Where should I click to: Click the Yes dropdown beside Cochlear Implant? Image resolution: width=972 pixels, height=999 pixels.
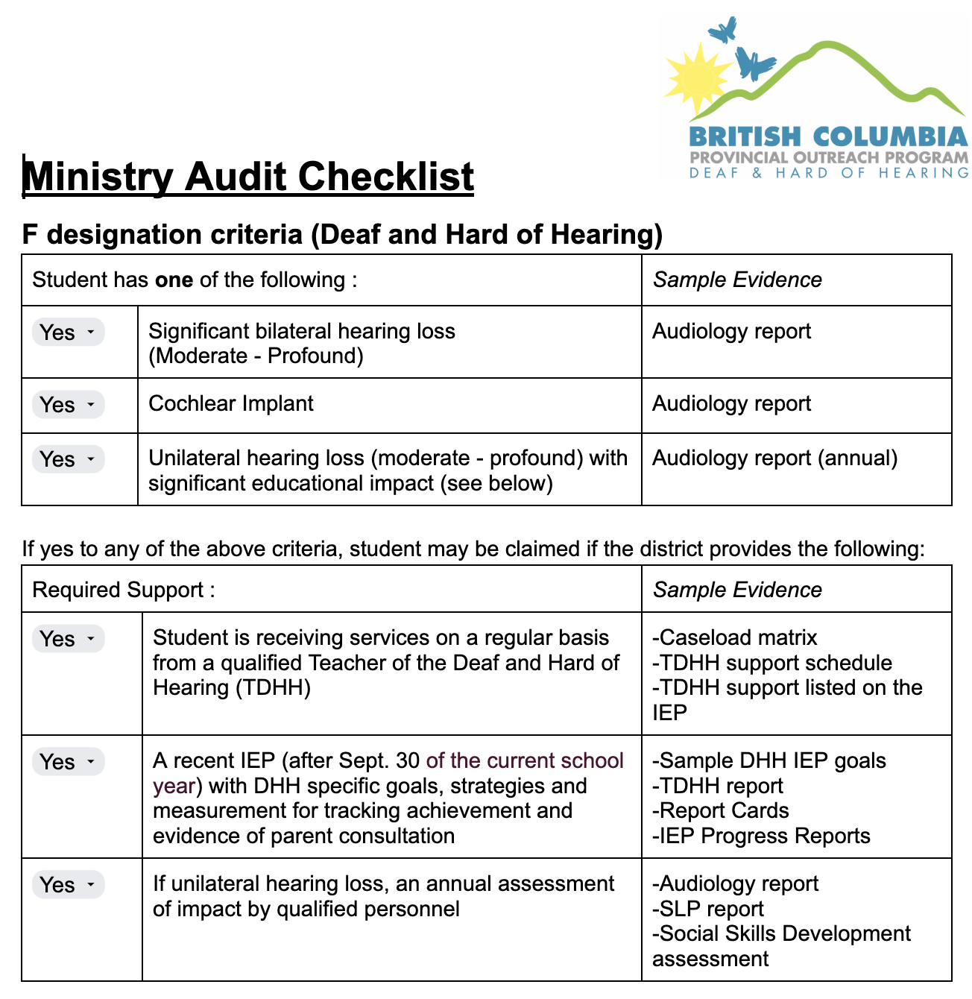(68, 405)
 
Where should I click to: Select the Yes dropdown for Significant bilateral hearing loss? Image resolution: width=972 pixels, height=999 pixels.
(68, 333)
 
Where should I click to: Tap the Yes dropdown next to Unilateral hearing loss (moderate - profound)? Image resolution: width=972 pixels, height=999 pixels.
(68, 459)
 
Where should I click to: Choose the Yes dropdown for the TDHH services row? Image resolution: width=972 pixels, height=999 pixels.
(68, 639)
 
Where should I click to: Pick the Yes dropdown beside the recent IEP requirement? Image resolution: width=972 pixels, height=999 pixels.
(68, 762)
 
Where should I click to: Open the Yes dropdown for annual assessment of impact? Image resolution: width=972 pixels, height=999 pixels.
(68, 885)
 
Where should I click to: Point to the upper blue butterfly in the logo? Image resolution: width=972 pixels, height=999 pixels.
(722, 31)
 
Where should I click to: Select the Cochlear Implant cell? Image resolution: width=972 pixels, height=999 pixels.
(231, 404)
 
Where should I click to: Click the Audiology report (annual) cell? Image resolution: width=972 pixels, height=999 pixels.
(774, 458)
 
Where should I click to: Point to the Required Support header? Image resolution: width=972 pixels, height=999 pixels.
(124, 590)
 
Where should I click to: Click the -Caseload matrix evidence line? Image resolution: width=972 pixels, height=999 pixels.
(734, 637)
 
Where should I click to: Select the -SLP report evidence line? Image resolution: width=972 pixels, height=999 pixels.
(708, 909)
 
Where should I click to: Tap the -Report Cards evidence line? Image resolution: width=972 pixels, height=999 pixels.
(720, 810)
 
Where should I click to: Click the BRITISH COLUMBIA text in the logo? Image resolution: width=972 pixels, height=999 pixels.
(828, 137)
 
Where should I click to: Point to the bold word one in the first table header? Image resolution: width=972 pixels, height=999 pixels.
(174, 280)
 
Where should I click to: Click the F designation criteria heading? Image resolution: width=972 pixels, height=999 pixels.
(342, 235)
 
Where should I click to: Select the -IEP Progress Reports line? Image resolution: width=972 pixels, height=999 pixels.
(761, 836)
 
